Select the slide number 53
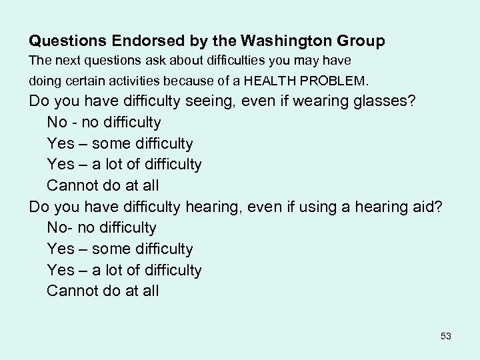(446, 336)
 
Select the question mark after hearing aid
(437, 207)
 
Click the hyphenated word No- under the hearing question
(60, 228)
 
